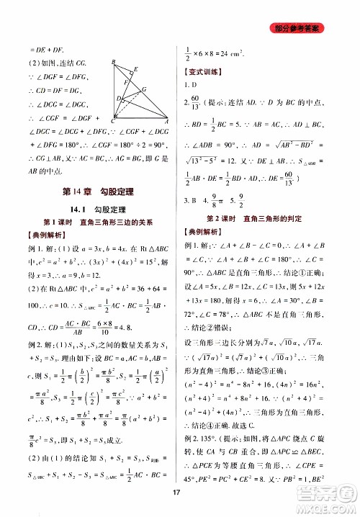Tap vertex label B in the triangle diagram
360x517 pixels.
[x=114, y=63]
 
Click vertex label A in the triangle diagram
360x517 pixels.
[x=168, y=120]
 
